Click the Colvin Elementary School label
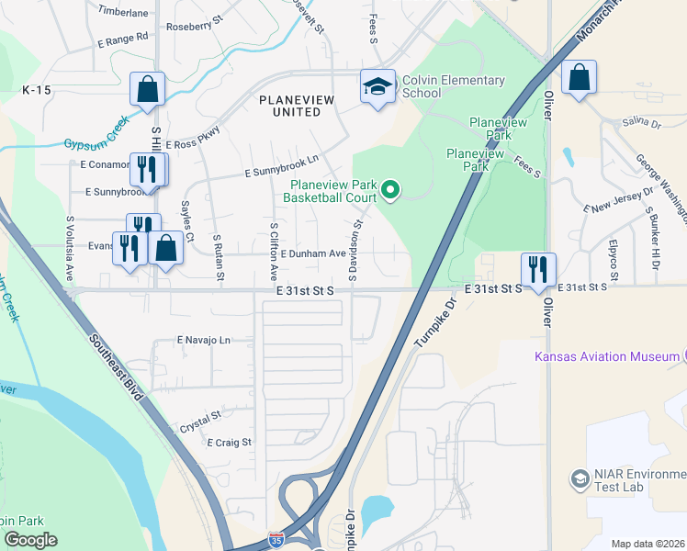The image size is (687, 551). point(454,86)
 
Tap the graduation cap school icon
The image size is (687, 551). point(377,86)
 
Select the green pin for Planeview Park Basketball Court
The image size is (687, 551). point(391,190)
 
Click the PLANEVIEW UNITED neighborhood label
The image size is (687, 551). point(290,105)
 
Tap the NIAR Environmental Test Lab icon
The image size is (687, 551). point(580,478)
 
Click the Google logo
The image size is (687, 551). point(30,540)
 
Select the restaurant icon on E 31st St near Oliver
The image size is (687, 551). point(537,267)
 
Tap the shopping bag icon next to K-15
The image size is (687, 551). point(147,89)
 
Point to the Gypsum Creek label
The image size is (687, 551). point(96,139)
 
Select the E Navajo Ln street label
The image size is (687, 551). point(203,340)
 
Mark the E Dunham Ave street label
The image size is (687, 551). point(311,253)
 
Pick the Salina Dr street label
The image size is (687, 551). point(642,122)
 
